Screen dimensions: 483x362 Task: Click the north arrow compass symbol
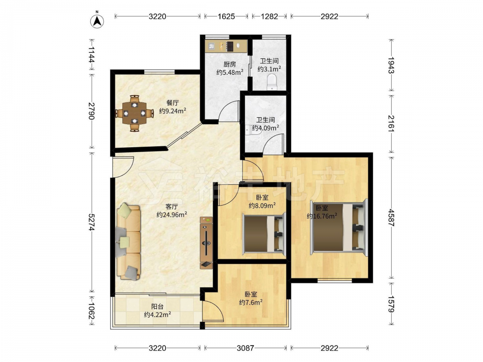tap(97, 20)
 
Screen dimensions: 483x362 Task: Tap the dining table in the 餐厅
tap(134, 113)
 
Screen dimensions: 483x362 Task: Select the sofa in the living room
tap(128, 241)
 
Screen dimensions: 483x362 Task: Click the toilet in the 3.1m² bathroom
tap(272, 82)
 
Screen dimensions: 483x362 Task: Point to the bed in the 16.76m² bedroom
tap(339, 227)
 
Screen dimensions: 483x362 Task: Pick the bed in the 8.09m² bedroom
tap(264, 234)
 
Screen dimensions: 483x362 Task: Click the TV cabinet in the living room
tap(206, 242)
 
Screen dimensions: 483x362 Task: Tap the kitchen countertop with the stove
tap(227, 46)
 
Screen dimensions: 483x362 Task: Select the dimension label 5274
tap(91, 222)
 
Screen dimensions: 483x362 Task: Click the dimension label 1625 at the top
tap(227, 16)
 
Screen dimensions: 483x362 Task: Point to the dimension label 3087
tap(245, 348)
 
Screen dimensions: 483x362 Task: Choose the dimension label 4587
tap(392, 218)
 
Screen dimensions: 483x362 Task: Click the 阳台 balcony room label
tap(157, 306)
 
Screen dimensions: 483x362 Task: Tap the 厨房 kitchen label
tap(230, 64)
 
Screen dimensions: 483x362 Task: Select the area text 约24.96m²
tap(171, 215)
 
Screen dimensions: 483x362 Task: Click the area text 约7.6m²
tap(251, 303)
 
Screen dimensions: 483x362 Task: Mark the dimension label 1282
tap(269, 16)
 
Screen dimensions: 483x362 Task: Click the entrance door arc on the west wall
tap(123, 167)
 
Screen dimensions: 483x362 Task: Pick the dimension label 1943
tap(392, 65)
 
